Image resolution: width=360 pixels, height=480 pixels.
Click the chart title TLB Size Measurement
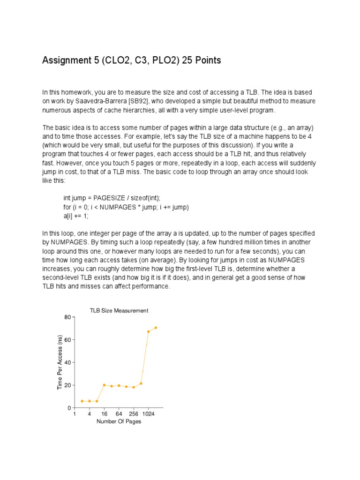[119, 310]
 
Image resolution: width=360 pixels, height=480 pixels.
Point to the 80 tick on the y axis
[67, 317]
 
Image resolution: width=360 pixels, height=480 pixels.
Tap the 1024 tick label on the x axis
[149, 414]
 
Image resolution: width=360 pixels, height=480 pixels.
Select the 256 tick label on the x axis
[134, 414]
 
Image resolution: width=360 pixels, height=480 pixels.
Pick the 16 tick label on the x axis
[104, 414]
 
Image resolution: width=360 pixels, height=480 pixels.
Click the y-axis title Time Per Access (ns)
[60, 362]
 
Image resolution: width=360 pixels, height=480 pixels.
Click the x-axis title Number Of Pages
[119, 421]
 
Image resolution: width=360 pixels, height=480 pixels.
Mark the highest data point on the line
[156, 328]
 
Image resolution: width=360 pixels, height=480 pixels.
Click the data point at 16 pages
[104, 385]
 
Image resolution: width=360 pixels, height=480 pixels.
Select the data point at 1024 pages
[149, 331]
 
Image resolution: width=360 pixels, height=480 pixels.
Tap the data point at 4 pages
[89, 401]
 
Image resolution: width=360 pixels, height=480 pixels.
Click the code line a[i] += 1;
[76, 216]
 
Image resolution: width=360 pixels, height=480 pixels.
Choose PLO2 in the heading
[156, 60]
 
